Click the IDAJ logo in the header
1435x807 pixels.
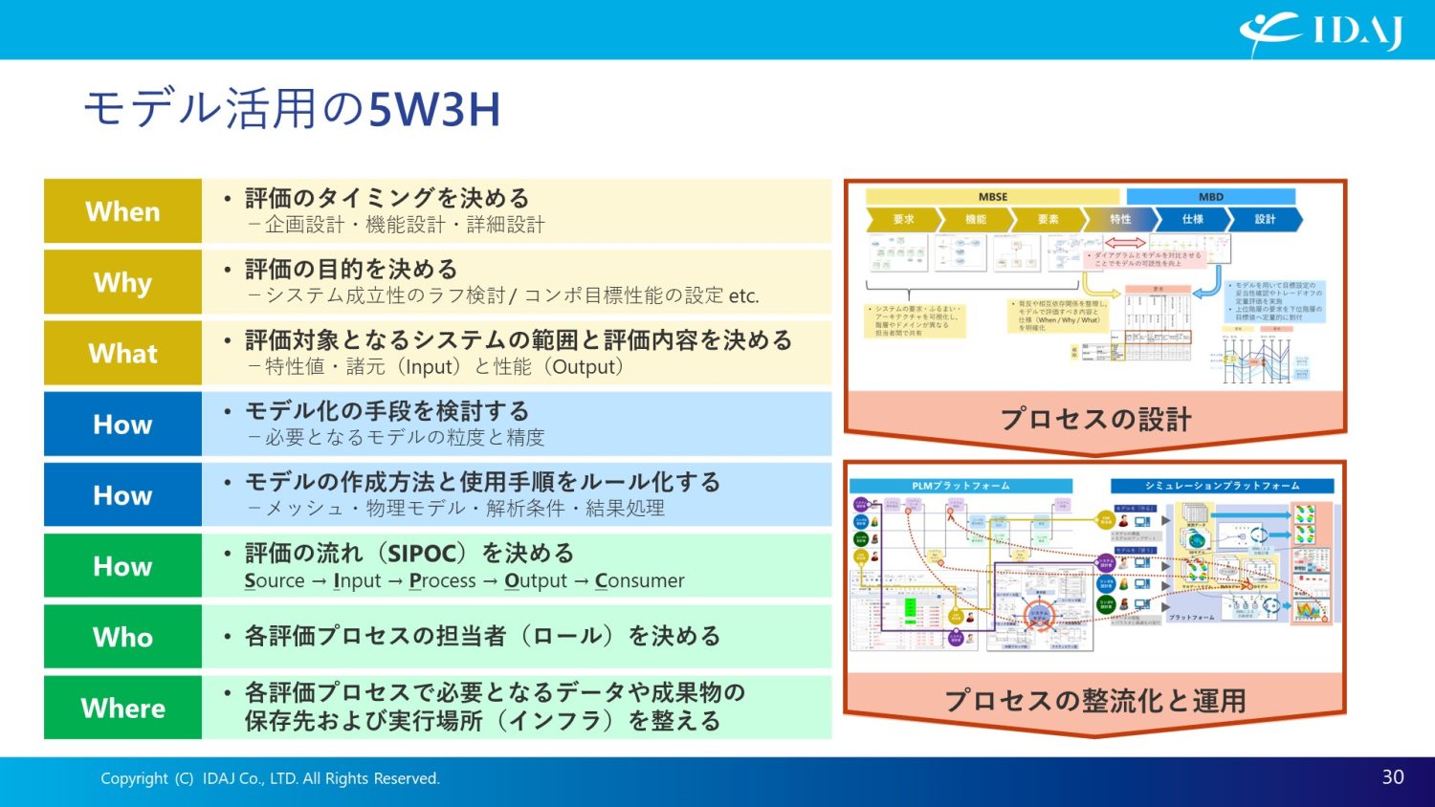point(1321,33)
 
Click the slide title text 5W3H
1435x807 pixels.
point(434,109)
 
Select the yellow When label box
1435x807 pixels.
point(122,211)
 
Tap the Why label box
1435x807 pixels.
point(122,282)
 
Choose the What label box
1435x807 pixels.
point(122,353)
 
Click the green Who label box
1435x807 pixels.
point(122,637)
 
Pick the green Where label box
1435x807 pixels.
point(122,708)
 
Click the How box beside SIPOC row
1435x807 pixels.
point(122,566)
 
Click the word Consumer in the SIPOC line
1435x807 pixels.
point(639,581)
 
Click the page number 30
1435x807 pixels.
point(1392,777)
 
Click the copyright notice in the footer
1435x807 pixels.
point(270,778)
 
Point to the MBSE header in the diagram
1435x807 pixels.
point(992,197)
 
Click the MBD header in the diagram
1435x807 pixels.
point(1210,197)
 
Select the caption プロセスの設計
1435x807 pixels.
point(1095,419)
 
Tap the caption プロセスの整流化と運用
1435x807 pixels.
point(1095,701)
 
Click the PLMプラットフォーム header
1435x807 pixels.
point(960,486)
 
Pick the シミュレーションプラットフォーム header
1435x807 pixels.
point(1222,486)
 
